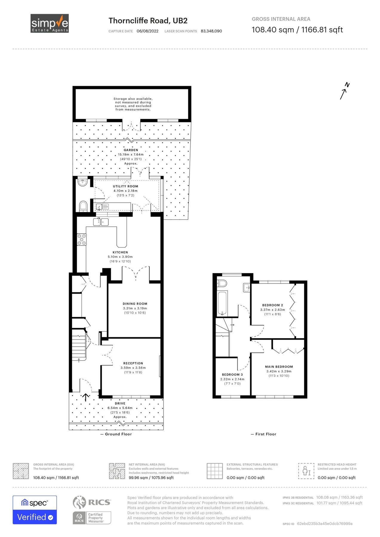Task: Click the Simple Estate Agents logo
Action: [x=50, y=23]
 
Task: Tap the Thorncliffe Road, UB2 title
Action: [x=148, y=21]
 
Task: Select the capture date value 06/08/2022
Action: [x=147, y=31]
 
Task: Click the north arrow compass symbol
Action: [x=344, y=91]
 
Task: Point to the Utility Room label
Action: [x=125, y=186]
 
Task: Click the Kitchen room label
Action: [x=120, y=252]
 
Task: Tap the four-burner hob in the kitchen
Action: [x=82, y=240]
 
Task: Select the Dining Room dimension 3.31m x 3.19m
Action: [x=135, y=308]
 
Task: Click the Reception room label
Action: [x=133, y=363]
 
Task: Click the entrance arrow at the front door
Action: [x=86, y=397]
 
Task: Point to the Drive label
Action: [x=120, y=403]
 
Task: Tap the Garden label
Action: [x=131, y=150]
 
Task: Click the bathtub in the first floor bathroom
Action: [x=222, y=303]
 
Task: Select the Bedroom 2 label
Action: [x=272, y=305]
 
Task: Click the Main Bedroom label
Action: [x=279, y=367]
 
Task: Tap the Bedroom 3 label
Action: [x=232, y=374]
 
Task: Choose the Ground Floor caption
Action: [x=118, y=434]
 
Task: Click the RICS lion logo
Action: [x=80, y=502]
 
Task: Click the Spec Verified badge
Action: [x=35, y=510]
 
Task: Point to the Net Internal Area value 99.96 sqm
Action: [x=151, y=478]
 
